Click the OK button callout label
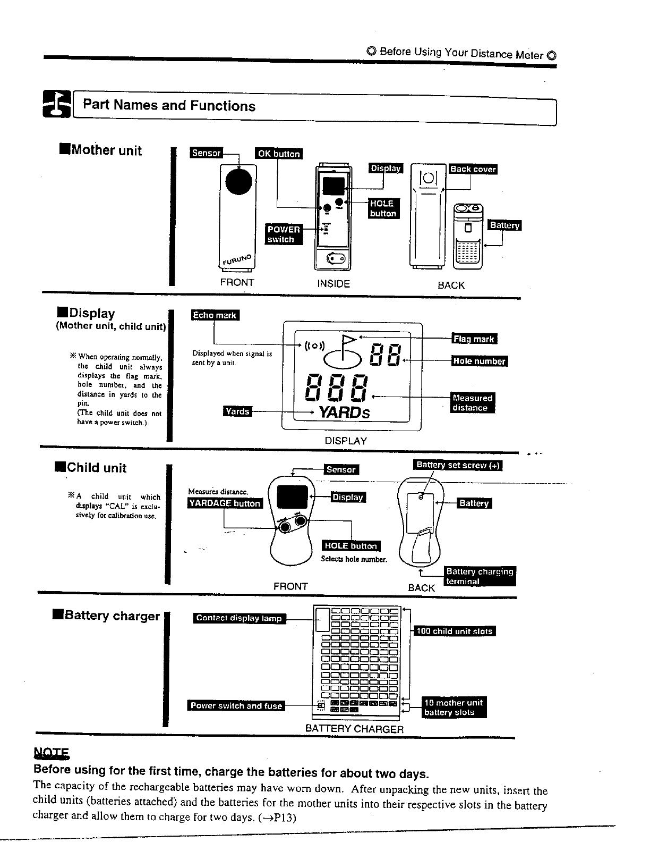click(278, 153)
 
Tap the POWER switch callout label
click(284, 234)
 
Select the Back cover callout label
click(473, 169)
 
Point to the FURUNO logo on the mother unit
click(237, 260)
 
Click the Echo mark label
click(215, 315)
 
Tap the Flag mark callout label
click(474, 339)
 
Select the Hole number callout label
click(480, 361)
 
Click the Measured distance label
click(472, 403)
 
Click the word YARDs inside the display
click(344, 412)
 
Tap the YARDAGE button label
click(225, 503)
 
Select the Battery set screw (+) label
click(457, 465)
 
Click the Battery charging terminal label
click(480, 576)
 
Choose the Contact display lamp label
click(238, 618)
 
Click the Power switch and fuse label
click(236, 706)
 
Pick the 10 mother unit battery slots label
click(454, 707)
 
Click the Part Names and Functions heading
click(169, 105)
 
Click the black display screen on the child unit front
click(293, 496)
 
